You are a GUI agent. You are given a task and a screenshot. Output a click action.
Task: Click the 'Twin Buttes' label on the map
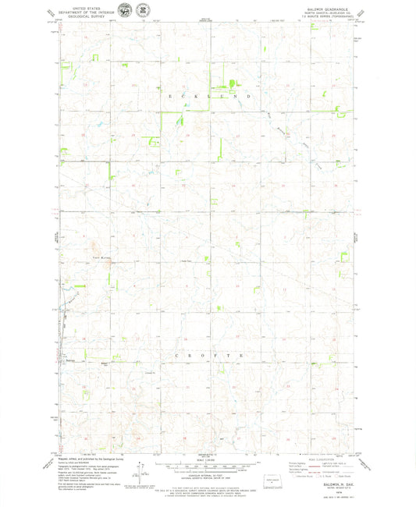(101, 257)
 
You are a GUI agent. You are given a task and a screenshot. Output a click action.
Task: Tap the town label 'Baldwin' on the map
(69, 360)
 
